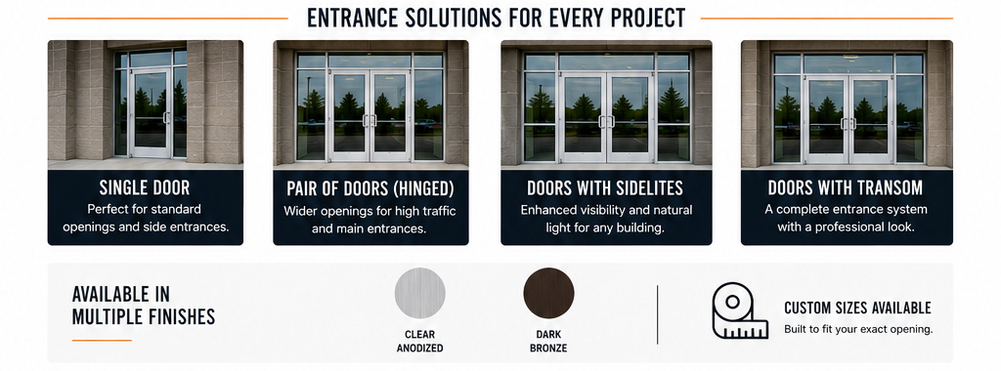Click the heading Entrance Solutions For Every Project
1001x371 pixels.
[496, 18]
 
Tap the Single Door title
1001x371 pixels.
[145, 187]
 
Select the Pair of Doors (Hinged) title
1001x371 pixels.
[370, 188]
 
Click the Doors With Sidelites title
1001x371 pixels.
[605, 188]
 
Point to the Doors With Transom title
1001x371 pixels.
[846, 187]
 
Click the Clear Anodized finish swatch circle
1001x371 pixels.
[419, 293]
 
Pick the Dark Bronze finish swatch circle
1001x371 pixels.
[548, 293]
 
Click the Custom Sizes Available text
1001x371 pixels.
[857, 309]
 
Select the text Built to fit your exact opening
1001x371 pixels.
[858, 330]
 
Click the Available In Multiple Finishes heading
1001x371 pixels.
[143, 306]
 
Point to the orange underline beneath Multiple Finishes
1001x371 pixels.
[102, 341]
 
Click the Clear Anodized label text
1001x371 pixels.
[419, 341]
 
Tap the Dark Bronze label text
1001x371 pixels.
[548, 341]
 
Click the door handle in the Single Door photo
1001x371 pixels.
[165, 117]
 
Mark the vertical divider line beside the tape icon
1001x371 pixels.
[658, 314]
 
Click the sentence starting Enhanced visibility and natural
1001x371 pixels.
[606, 219]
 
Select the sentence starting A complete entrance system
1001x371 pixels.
[846, 218]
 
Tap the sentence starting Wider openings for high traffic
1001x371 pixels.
[370, 220]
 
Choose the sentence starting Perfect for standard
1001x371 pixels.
[145, 218]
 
